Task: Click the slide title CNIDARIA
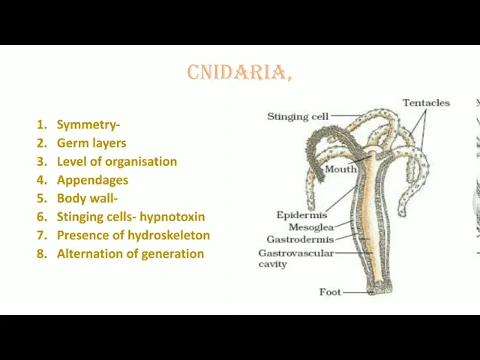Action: [x=239, y=72]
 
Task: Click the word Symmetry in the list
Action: [x=87, y=124]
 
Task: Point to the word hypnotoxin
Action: [x=172, y=217]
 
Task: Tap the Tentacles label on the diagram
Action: [x=426, y=103]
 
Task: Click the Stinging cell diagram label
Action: [x=298, y=117]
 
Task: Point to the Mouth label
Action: [x=340, y=169]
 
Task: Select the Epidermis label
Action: [x=301, y=215]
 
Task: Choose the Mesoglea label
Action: [x=311, y=226]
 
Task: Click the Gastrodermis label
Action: [x=300, y=239]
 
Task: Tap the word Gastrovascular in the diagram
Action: [x=296, y=253]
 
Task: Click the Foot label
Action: [x=330, y=292]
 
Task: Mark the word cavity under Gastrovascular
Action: [x=272, y=264]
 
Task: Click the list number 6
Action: [x=42, y=217]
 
